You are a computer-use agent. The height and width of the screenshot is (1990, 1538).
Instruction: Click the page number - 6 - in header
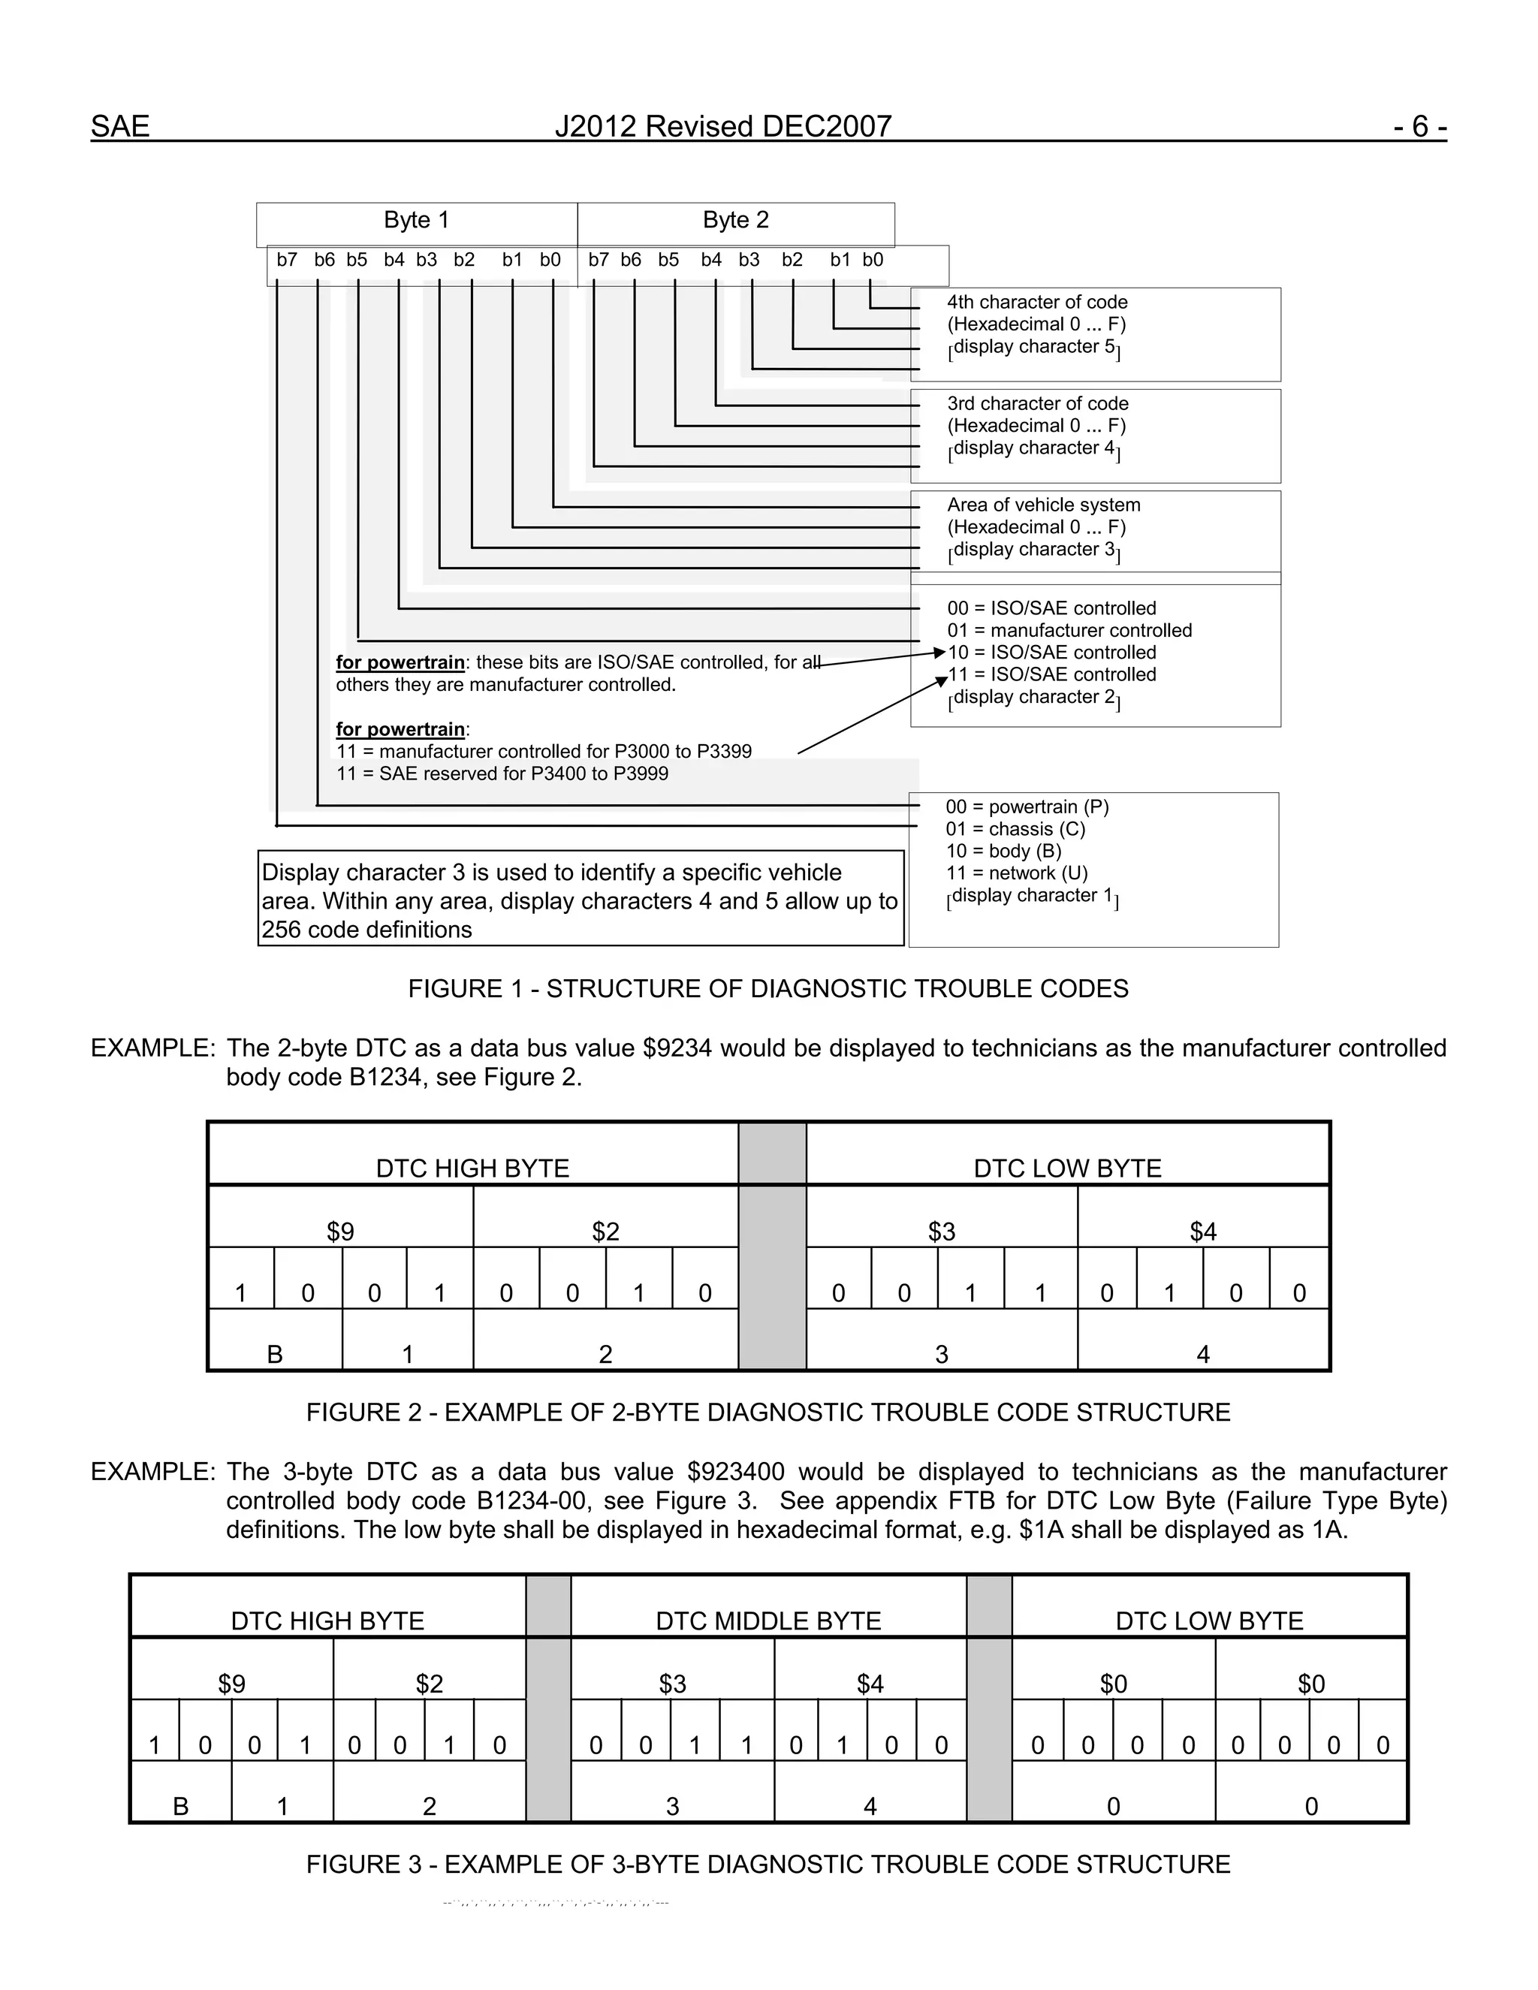pos(1419,127)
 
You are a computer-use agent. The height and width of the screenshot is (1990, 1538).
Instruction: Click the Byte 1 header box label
pos(416,221)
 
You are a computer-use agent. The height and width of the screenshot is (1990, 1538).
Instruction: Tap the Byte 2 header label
pos(735,221)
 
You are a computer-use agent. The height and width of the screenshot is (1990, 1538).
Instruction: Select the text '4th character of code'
pos(1037,303)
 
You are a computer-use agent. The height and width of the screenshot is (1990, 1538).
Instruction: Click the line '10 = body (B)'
pos(1003,851)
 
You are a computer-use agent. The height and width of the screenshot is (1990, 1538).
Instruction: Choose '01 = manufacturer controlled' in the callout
pos(1069,631)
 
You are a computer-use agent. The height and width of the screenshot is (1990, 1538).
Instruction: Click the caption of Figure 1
pos(768,990)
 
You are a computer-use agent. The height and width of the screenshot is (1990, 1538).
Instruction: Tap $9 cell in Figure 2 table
pos(340,1232)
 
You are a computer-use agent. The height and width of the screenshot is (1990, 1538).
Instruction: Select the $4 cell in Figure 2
pos(1203,1232)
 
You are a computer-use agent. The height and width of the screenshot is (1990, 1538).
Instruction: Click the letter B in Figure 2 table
pos(274,1355)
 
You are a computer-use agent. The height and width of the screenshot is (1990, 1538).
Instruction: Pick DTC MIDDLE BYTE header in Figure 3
pos(768,1621)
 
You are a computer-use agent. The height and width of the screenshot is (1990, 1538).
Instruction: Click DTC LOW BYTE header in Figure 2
pos(1067,1169)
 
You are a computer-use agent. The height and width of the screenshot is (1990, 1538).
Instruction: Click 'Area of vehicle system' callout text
pos(1043,505)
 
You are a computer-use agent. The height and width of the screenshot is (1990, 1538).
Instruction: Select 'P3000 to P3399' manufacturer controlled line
pos(544,752)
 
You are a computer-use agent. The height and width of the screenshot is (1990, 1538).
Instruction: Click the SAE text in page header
pos(120,127)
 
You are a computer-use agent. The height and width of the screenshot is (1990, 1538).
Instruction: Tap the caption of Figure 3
pos(768,1865)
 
